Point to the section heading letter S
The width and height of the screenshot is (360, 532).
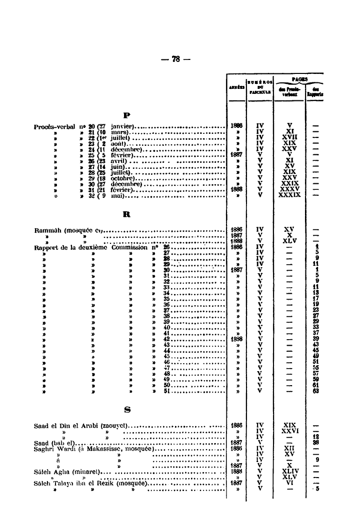pos(127,410)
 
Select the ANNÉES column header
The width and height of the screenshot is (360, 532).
pos(235,86)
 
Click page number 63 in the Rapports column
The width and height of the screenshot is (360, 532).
pos(316,391)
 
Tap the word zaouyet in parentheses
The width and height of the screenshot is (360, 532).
pos(115,426)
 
